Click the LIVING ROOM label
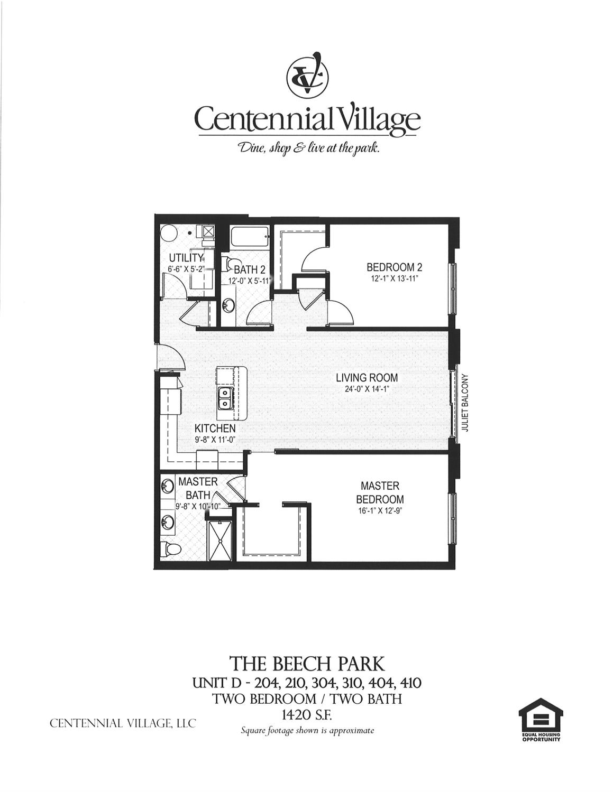[x=367, y=378]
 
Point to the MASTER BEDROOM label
[x=380, y=492]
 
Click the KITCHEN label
[x=215, y=428]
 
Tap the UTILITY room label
[x=186, y=258]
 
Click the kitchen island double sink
[x=225, y=398]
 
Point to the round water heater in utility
[x=169, y=233]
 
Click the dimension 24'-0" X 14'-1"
[x=367, y=389]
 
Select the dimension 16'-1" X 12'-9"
[x=380, y=511]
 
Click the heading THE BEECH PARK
[x=306, y=663]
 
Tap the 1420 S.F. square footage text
[x=306, y=715]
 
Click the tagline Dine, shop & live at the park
[x=308, y=148]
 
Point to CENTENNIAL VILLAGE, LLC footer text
[x=123, y=723]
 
